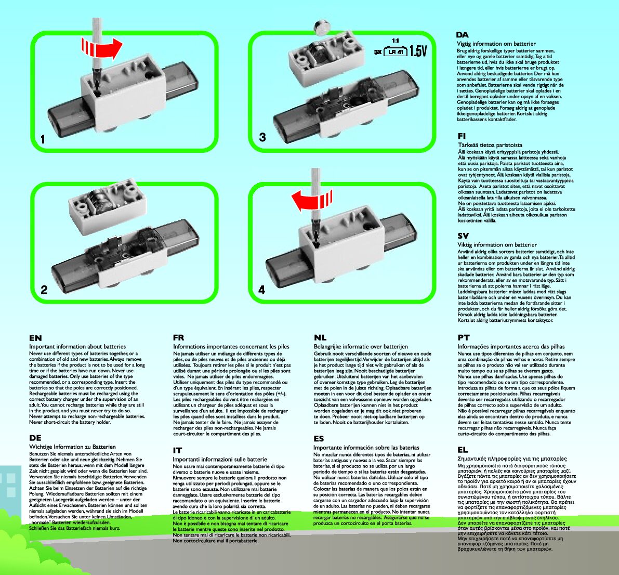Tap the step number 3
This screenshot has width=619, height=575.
tap(262, 137)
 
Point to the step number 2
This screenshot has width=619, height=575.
tap(44, 290)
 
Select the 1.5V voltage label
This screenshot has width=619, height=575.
tap(418, 51)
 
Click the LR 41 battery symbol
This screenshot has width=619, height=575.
tap(395, 51)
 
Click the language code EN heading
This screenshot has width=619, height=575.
tap(35, 338)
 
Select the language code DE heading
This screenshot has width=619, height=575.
tap(35, 438)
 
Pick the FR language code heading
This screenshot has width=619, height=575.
tap(179, 338)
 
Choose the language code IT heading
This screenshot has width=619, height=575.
tap(177, 451)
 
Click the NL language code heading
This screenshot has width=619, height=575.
tap(320, 338)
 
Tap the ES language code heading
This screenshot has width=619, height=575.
tap(319, 439)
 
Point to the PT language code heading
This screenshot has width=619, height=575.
tap(464, 338)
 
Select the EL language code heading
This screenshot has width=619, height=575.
tap(463, 450)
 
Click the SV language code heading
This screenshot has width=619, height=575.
tap(463, 236)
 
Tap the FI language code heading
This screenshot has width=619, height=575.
tap(462, 136)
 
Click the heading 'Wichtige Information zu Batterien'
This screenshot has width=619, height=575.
tap(72, 447)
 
